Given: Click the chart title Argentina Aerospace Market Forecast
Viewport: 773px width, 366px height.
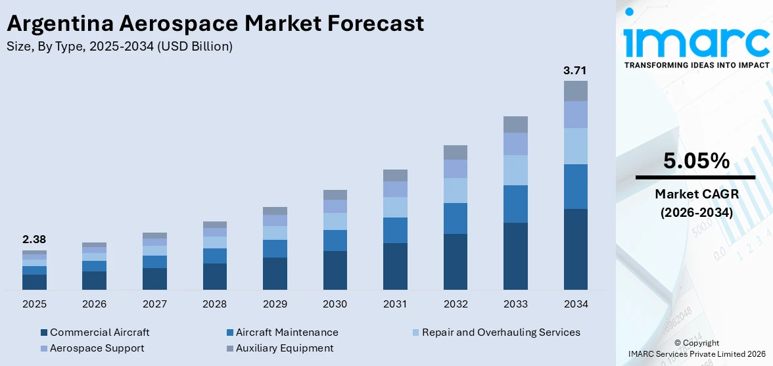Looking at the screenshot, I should [215, 24].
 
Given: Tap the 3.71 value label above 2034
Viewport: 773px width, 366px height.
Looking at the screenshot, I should [575, 70].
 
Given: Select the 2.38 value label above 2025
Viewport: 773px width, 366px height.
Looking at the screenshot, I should [34, 239].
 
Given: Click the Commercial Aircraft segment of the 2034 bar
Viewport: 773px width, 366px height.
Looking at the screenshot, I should [575, 249].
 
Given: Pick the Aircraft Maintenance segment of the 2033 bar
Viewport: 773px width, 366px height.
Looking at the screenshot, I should [515, 204].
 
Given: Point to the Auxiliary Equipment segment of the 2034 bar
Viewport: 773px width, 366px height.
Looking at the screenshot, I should [575, 91].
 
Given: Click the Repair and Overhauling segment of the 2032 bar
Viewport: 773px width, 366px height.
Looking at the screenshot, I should [455, 190].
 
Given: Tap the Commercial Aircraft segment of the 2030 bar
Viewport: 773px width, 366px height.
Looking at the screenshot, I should [335, 270].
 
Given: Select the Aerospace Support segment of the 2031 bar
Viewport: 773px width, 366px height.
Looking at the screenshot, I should [395, 189].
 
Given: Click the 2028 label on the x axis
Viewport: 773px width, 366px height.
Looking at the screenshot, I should [214, 304].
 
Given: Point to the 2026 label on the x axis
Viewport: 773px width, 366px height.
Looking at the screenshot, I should [94, 304].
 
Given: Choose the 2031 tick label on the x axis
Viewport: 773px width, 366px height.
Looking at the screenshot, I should [395, 304].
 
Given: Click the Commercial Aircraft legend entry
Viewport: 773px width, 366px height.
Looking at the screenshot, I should [99, 332].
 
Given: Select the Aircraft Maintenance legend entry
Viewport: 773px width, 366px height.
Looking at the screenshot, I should [287, 332].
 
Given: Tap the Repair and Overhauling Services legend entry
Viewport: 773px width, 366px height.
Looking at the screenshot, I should [501, 332].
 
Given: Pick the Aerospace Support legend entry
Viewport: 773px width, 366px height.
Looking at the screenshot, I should [97, 348].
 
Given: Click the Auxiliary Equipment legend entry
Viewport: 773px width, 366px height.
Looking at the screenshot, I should [285, 348].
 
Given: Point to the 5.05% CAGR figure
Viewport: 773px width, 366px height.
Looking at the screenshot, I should [695, 161].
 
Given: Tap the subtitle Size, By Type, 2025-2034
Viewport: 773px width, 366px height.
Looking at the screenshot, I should [119, 47].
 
